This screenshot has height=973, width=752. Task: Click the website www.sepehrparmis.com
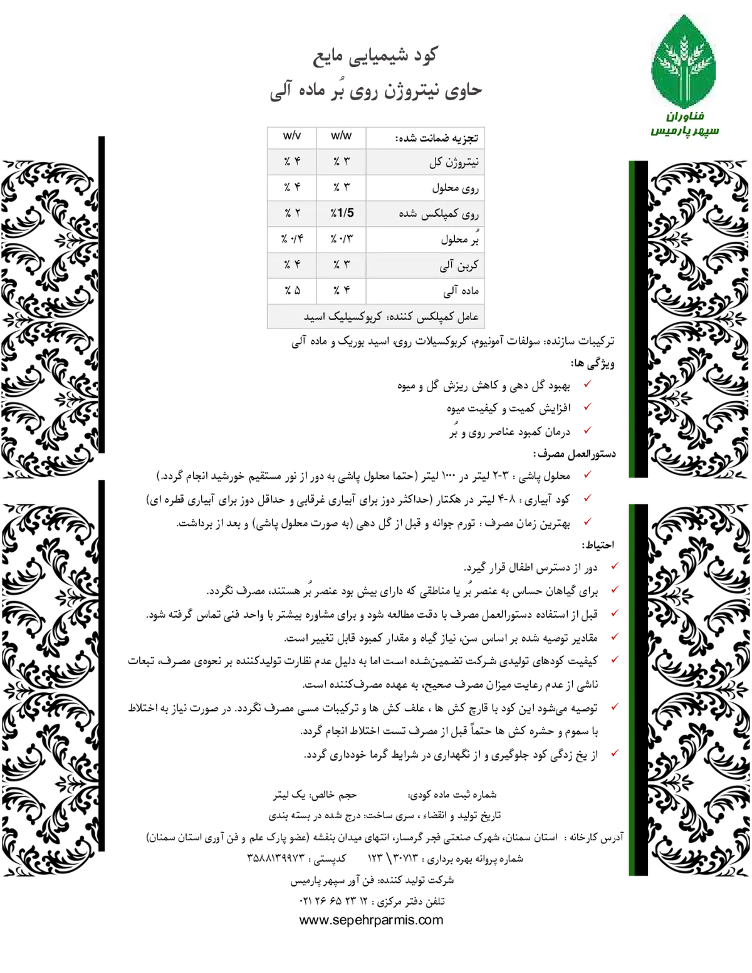click(371, 920)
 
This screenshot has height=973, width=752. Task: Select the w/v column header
click(292, 136)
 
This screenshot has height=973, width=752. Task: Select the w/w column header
click(342, 136)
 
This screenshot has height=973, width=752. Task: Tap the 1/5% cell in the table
click(342, 212)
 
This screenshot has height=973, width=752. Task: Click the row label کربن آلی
click(459, 266)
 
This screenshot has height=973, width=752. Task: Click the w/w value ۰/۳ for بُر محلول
click(342, 239)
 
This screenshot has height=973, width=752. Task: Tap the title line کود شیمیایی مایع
click(374, 56)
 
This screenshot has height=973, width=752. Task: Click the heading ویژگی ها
click(593, 363)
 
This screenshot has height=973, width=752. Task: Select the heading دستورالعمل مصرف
click(574, 454)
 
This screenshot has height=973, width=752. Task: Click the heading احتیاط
click(598, 545)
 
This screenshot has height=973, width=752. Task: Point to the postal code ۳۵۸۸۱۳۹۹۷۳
click(276, 858)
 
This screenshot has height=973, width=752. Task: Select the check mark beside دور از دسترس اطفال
click(615, 565)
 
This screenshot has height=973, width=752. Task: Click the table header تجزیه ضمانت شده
click(437, 138)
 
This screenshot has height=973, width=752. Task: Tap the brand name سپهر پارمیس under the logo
click(684, 131)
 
